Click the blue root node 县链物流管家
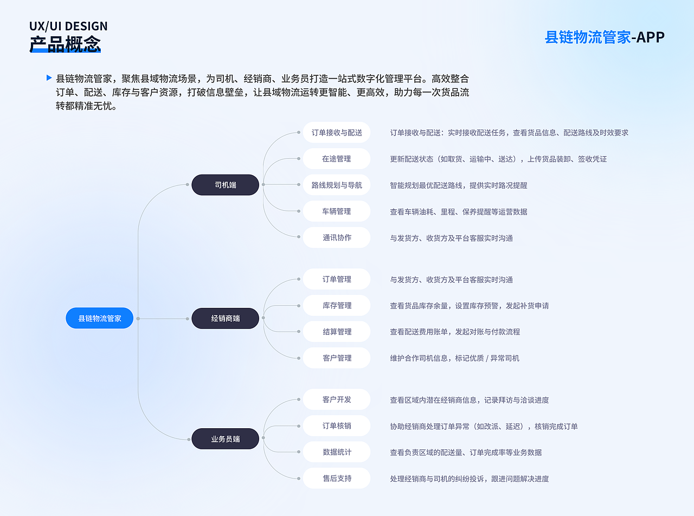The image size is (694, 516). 99,318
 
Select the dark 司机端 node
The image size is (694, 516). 225,185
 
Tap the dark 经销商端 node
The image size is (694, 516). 225,318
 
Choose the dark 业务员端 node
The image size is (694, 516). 225,438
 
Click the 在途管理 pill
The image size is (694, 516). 336,159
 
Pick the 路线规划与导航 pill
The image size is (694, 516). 336,185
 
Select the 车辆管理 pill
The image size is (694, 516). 336,211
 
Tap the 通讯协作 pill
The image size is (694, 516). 336,237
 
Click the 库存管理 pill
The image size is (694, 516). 337,306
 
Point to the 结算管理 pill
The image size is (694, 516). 337,332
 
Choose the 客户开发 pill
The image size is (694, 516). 337,399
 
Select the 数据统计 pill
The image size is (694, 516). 337,452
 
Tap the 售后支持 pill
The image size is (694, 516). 337,479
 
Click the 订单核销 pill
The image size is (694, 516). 337,426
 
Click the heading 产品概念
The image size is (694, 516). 65,44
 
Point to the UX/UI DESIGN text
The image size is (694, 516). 68,26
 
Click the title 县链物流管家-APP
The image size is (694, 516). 605,37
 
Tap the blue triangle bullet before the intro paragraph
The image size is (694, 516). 49,78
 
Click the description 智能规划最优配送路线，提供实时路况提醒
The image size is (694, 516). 458,185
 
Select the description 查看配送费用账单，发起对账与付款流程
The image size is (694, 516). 455,332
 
